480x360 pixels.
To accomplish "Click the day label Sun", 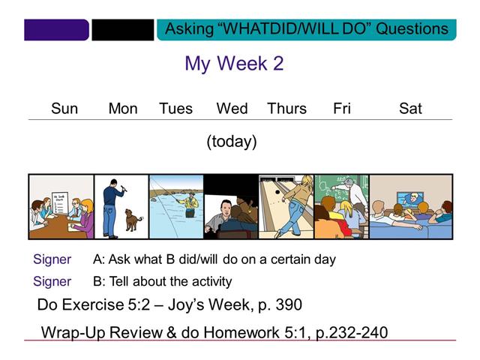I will (x=64, y=109).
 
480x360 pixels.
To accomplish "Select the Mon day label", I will (x=123, y=109).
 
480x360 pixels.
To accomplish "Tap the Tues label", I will (x=175, y=109).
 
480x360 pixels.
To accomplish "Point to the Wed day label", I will (x=232, y=109).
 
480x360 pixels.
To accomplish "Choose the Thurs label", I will (x=286, y=109).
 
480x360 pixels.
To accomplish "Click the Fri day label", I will (x=342, y=109).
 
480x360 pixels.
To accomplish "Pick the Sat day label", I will (x=410, y=109).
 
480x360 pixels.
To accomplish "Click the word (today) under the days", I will (x=232, y=141).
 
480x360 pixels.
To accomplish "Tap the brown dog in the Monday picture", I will (x=133, y=219).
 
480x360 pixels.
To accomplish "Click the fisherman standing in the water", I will (x=191, y=204).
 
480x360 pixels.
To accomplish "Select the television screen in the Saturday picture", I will (x=409, y=199).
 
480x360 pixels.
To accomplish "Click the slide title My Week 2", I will (x=234, y=64).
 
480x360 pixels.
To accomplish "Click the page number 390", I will (x=288, y=305).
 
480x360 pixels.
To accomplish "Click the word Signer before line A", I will (x=52, y=259).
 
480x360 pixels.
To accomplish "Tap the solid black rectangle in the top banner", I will (x=122, y=30).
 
